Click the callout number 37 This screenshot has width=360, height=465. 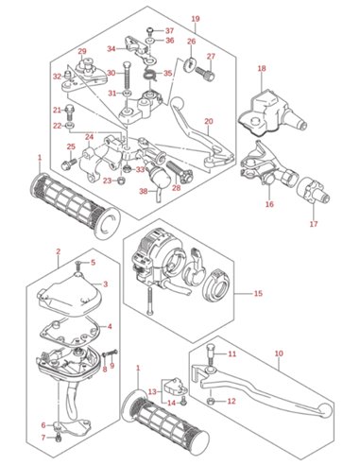pyautogui.click(x=170, y=31)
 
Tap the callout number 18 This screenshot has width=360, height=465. pyautogui.click(x=262, y=68)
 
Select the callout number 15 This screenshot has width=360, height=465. pyautogui.click(x=258, y=293)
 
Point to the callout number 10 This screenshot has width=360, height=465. pyautogui.click(x=279, y=353)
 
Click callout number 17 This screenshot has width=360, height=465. pyautogui.click(x=314, y=224)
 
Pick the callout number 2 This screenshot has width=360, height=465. pyautogui.click(x=59, y=251)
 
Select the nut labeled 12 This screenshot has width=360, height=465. pyautogui.click(x=212, y=402)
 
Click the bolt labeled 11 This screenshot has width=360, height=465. pyautogui.click(x=211, y=353)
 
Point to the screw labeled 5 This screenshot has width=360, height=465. pyautogui.click(x=78, y=267)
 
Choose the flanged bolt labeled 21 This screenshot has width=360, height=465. pyautogui.click(x=70, y=112)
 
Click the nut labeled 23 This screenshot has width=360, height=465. pyautogui.click(x=120, y=181)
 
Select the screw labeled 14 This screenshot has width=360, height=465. pyautogui.click(x=184, y=401)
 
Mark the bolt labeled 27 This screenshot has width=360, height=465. pyautogui.click(x=205, y=73)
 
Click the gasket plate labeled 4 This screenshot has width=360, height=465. pyautogui.click(x=71, y=334)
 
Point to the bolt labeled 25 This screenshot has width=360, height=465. pyautogui.click(x=69, y=163)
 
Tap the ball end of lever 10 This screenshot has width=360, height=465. pyautogui.click(x=325, y=410)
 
